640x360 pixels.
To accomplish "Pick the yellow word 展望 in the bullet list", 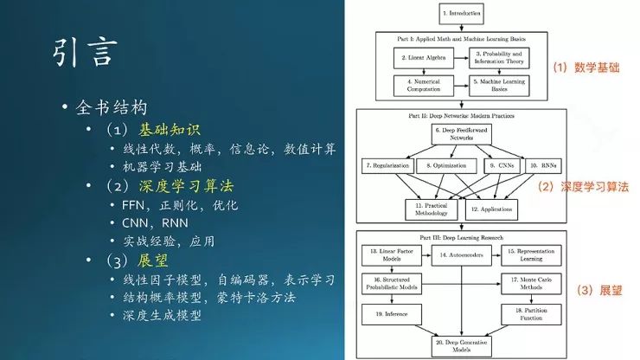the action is click(x=154, y=260).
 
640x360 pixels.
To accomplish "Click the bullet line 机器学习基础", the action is click(x=161, y=166).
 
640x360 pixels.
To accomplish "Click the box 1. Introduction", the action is click(x=461, y=15).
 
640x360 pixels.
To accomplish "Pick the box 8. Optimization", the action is click(x=445, y=164).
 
